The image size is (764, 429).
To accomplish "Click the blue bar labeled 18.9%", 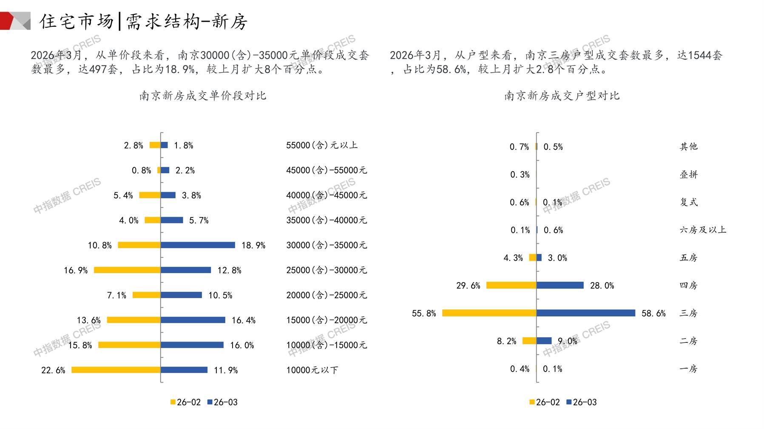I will click(x=198, y=245).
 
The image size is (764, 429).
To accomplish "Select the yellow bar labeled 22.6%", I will click(x=116, y=370).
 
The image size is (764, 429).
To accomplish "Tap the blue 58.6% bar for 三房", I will click(x=586, y=313).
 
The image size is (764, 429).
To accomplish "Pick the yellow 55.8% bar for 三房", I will click(x=489, y=313).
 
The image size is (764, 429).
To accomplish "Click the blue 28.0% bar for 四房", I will click(x=560, y=285).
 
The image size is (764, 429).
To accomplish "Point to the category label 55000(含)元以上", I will click(x=322, y=145).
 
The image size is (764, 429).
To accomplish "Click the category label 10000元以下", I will click(x=312, y=370).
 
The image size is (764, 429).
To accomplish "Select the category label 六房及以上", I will click(x=703, y=230).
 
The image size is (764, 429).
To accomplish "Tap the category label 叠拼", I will click(x=688, y=174).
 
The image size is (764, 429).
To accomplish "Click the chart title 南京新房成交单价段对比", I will click(x=203, y=96).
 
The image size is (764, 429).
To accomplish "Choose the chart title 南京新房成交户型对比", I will click(x=562, y=96).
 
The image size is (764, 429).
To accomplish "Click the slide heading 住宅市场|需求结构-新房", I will click(x=144, y=21).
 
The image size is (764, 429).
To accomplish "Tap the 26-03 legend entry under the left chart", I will click(x=222, y=402).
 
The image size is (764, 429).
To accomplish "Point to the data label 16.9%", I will click(x=76, y=270).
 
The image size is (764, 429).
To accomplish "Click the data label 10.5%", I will click(x=220, y=295).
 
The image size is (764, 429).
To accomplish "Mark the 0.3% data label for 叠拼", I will click(x=520, y=175).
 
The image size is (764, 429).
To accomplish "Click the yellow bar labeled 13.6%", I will click(x=133, y=320).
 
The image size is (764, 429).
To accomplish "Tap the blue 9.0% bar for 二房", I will click(x=544, y=341).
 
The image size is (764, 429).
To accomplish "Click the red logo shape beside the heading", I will click(x=8, y=21).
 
